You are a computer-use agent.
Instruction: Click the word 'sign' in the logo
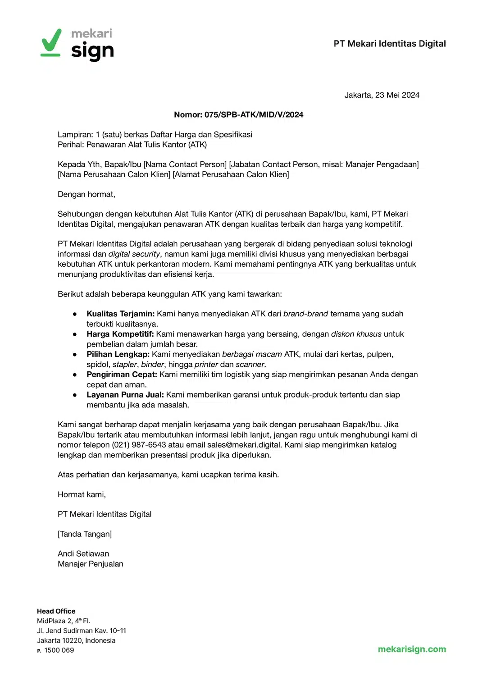tap(92, 51)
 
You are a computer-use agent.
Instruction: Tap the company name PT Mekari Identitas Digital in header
tap(389, 44)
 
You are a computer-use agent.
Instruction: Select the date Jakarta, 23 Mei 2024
tap(382, 95)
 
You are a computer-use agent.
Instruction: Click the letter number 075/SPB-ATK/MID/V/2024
tap(254, 115)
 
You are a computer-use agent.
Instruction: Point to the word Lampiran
tap(75, 135)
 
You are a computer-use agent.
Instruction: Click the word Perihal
tap(71, 145)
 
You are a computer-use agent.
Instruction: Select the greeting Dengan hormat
tap(86, 194)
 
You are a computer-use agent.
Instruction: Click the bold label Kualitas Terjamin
tap(120, 314)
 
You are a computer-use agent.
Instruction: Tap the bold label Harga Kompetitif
tap(120, 334)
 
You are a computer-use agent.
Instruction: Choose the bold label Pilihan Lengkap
tap(118, 354)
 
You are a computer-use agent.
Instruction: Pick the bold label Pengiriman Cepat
tap(122, 375)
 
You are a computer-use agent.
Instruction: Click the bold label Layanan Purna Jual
tap(125, 395)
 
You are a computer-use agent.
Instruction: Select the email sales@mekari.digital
tap(244, 445)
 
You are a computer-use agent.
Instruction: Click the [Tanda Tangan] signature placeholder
tap(85, 534)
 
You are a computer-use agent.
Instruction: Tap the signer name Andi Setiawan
tap(83, 554)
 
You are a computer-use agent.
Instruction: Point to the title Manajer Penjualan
tap(91, 564)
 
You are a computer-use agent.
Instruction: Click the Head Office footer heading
tap(56, 611)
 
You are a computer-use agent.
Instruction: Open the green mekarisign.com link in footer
tap(412, 649)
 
